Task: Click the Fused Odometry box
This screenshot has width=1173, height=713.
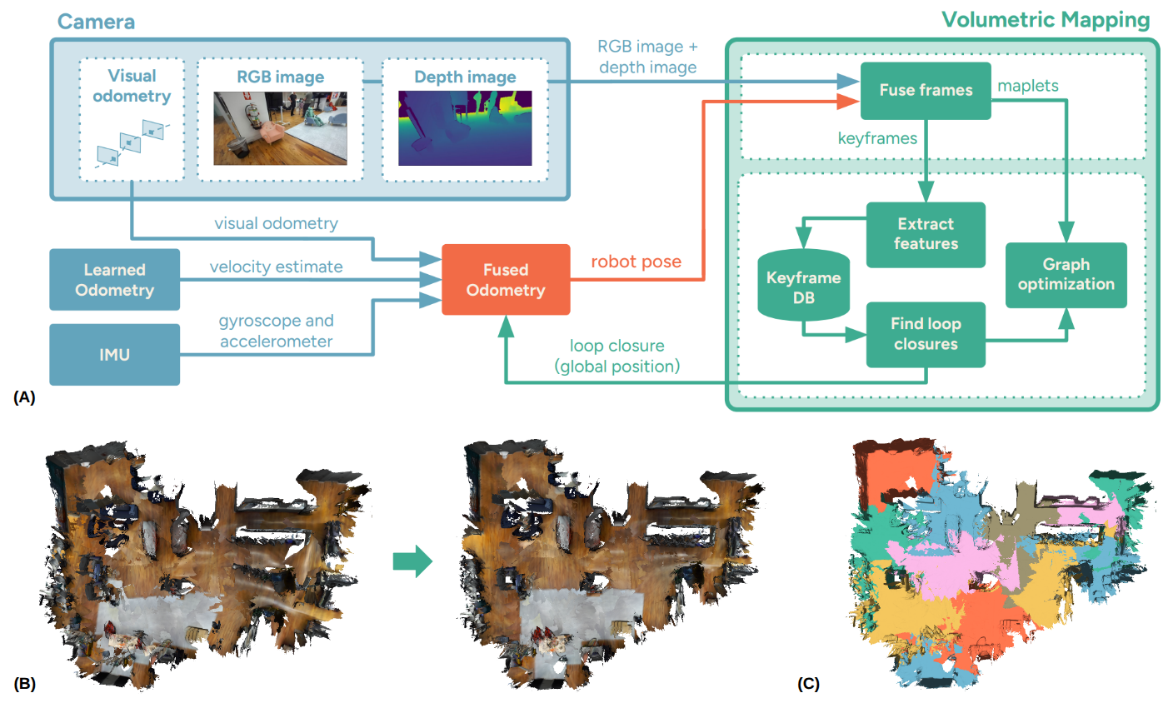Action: pyautogui.click(x=506, y=280)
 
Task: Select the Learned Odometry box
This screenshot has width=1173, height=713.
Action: pyautogui.click(x=114, y=280)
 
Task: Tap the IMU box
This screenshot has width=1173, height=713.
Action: pyautogui.click(x=114, y=355)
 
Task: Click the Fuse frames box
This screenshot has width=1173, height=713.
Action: pyautogui.click(x=925, y=90)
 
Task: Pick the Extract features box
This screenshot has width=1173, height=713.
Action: pyautogui.click(x=926, y=234)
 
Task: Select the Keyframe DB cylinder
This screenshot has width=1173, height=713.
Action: pyautogui.click(x=803, y=286)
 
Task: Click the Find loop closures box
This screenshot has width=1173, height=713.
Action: pyautogui.click(x=926, y=334)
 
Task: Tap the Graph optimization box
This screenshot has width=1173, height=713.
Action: pyautogui.click(x=1066, y=275)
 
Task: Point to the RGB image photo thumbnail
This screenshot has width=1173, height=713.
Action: pyautogui.click(x=280, y=127)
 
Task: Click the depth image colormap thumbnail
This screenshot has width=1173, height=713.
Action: pyautogui.click(x=465, y=127)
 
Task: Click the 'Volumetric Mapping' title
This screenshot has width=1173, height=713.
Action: pyautogui.click(x=1046, y=20)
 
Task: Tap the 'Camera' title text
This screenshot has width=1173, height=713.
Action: pyautogui.click(x=96, y=22)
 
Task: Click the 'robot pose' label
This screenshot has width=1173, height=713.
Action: pyautogui.click(x=636, y=262)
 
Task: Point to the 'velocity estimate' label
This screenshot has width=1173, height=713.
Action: pyautogui.click(x=276, y=267)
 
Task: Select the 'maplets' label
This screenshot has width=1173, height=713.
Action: pyautogui.click(x=1028, y=86)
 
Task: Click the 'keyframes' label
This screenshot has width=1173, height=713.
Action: pyautogui.click(x=877, y=138)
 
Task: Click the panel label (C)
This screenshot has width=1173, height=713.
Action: pyautogui.click(x=808, y=684)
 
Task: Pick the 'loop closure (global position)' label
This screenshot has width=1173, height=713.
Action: pyautogui.click(x=617, y=356)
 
